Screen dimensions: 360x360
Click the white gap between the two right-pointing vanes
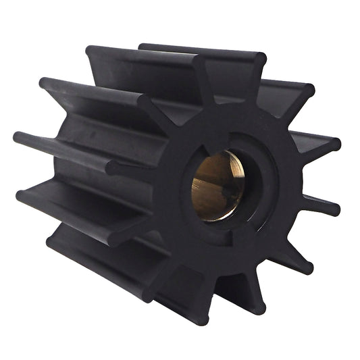pos(317,174)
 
